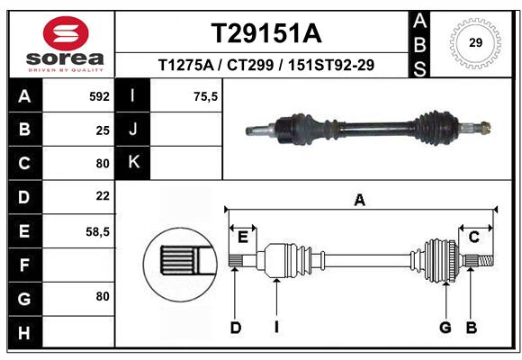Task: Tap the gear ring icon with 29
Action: [475, 41]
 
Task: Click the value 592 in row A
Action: [98, 96]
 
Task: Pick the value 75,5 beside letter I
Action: [206, 96]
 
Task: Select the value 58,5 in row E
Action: [96, 231]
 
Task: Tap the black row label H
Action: [23, 332]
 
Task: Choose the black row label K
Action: [133, 162]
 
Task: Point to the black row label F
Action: [23, 265]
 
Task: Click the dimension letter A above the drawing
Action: [359, 200]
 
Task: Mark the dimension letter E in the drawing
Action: [242, 237]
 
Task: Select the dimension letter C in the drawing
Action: [472, 237]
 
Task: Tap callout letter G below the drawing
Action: [445, 328]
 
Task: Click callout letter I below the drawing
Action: [277, 328]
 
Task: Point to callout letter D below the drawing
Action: [235, 328]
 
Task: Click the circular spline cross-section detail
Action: [176, 262]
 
